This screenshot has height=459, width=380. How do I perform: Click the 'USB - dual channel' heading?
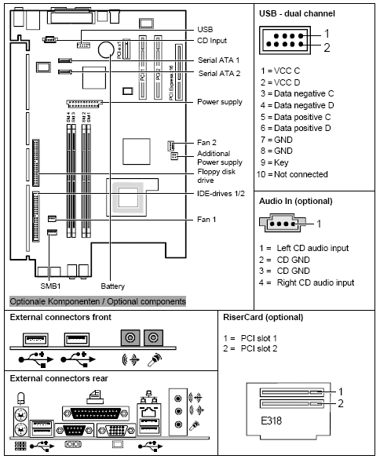click(297, 14)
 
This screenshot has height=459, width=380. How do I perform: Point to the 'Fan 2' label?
click(206, 144)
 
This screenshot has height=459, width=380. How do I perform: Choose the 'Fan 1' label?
click(206, 218)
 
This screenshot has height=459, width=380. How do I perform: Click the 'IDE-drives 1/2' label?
click(222, 193)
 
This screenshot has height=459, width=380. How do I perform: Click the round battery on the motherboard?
click(107, 49)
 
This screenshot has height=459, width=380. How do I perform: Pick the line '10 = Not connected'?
click(293, 173)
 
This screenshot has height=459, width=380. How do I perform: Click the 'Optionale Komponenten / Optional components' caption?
click(98, 301)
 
